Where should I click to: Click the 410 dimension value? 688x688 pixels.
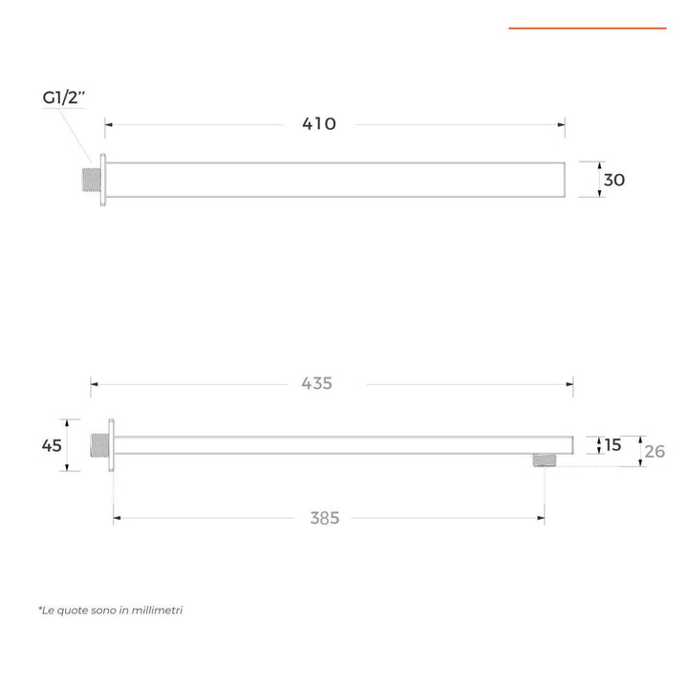(x=320, y=124)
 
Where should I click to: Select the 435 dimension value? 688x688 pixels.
(x=317, y=383)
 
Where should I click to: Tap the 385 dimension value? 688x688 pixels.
(x=325, y=518)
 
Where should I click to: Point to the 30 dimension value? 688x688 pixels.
(x=614, y=180)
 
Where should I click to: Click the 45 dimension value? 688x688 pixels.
(x=52, y=445)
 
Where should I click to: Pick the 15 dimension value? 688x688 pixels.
(x=613, y=444)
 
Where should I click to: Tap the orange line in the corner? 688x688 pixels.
(x=587, y=29)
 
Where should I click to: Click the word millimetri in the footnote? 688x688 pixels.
(x=156, y=610)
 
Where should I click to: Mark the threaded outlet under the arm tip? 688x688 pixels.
(x=544, y=461)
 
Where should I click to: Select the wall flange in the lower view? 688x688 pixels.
(x=111, y=445)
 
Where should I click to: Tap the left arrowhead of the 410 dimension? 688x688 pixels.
(x=108, y=124)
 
